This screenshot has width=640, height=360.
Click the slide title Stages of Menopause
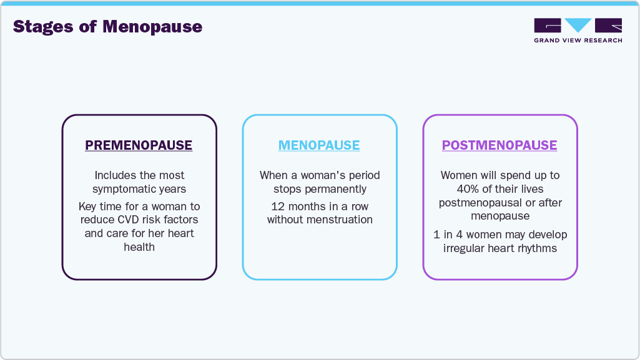107,27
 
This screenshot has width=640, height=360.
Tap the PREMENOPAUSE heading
139,145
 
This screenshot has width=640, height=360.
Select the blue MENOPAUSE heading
319,145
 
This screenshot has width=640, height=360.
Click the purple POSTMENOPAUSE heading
500,145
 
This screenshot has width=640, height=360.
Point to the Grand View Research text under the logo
578,41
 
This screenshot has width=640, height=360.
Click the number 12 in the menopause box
278,206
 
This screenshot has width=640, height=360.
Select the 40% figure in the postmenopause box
469,189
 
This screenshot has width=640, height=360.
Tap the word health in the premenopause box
139,247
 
